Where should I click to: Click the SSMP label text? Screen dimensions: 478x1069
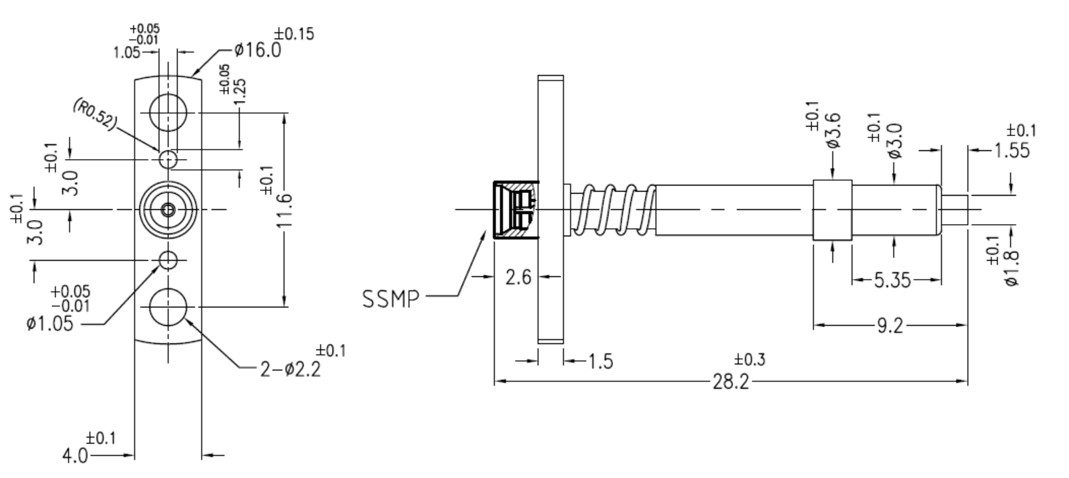(x=392, y=298)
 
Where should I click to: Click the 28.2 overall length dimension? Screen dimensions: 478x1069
(x=730, y=383)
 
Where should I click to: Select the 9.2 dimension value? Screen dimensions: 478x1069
(x=889, y=327)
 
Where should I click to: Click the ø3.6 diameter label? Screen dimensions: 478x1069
(x=833, y=133)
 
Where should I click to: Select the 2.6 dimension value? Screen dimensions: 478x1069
(x=518, y=277)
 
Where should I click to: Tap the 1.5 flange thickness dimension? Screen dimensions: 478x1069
(x=600, y=362)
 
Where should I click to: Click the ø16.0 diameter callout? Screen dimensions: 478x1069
(x=257, y=50)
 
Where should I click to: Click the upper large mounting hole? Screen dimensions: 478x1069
(x=168, y=112)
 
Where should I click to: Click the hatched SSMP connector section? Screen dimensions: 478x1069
(x=515, y=210)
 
